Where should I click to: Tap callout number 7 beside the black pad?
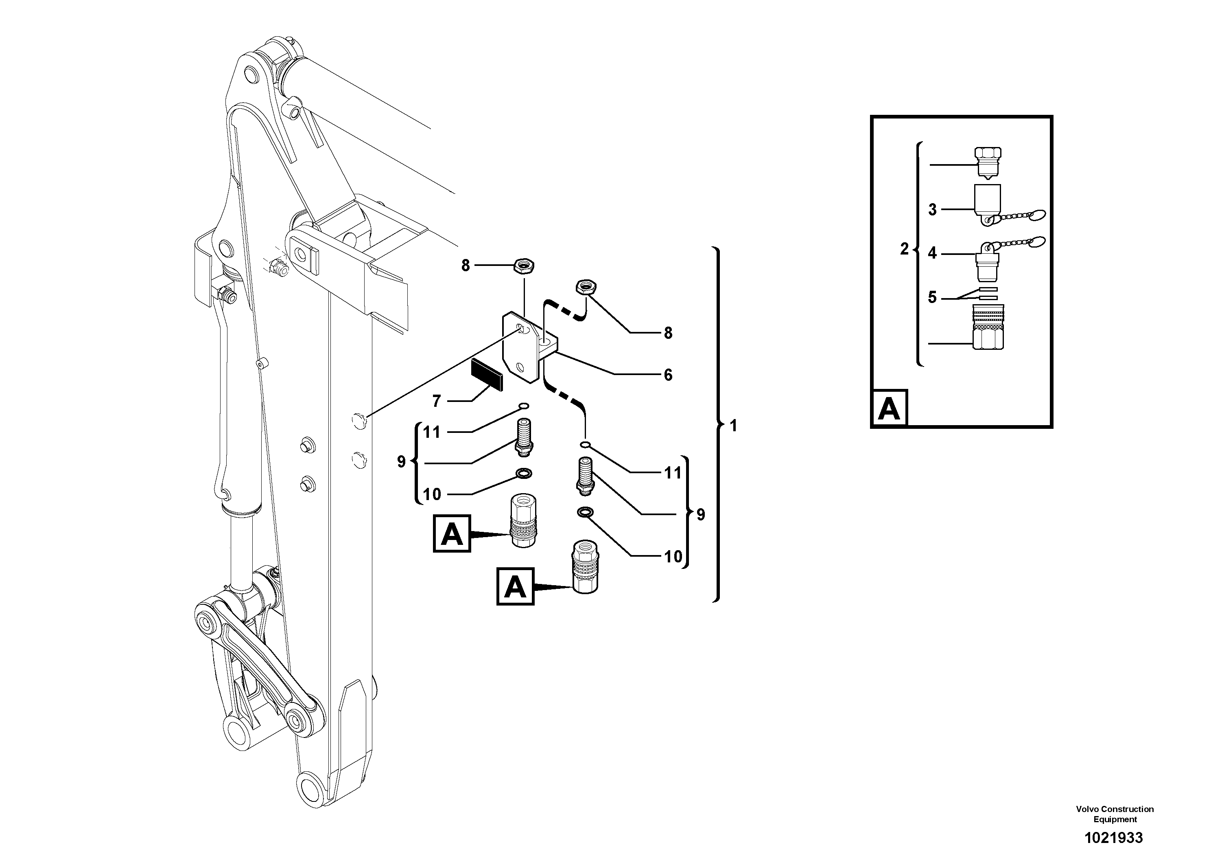[436, 402]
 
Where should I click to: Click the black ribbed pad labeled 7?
[487, 374]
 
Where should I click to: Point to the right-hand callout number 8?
[668, 333]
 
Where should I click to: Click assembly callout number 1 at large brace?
[733, 426]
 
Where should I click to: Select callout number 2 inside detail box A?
[905, 249]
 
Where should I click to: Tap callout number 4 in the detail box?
[933, 253]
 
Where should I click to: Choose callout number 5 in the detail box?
[933, 298]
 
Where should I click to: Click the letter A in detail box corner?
[889, 408]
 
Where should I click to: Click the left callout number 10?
[432, 494]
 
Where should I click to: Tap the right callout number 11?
[673, 473]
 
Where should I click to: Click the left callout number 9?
[401, 462]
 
